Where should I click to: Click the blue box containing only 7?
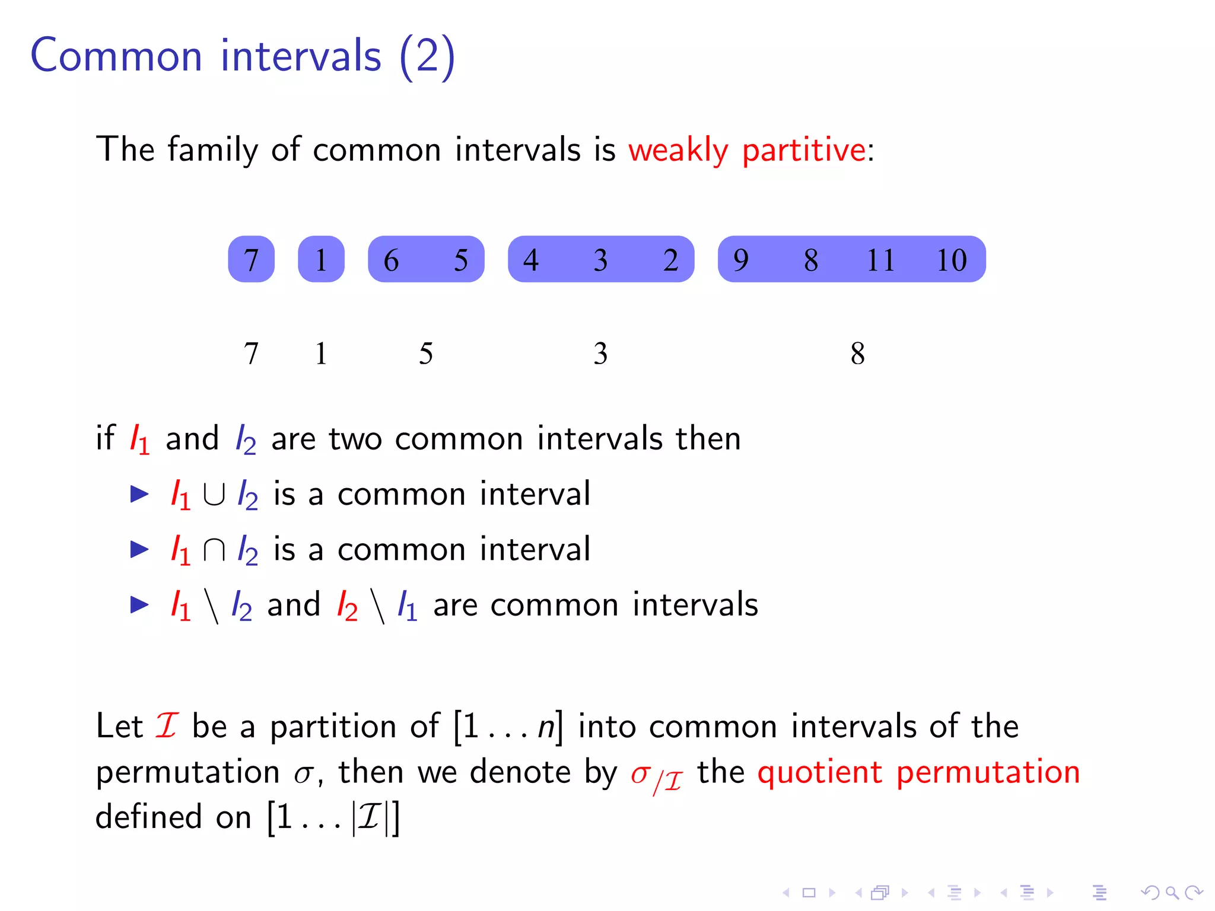click(251, 259)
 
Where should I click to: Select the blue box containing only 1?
click(321, 259)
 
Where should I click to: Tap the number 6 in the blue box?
click(391, 260)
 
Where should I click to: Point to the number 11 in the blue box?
click(880, 260)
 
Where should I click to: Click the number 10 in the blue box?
click(951, 260)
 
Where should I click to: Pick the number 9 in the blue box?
click(741, 260)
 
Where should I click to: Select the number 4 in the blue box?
click(531, 260)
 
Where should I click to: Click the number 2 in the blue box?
click(670, 260)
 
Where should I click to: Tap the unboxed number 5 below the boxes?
click(426, 353)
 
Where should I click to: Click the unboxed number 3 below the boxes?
click(600, 353)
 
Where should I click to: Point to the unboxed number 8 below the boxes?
click(857, 353)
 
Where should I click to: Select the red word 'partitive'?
click(804, 150)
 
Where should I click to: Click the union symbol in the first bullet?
click(214, 495)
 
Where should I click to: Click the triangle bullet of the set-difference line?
click(139, 604)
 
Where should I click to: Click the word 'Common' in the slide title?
click(116, 56)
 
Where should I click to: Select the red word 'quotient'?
click(820, 772)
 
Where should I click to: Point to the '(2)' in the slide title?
click(427, 56)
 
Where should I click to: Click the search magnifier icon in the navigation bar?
click(1172, 892)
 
